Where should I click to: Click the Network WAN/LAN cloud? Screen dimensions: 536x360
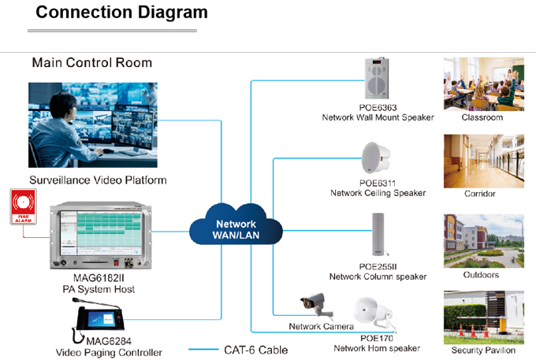(x=236, y=225)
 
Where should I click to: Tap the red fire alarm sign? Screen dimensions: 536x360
(x=23, y=206)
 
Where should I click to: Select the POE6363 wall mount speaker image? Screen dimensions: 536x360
(x=377, y=78)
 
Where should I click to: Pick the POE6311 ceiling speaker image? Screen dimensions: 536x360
(x=376, y=158)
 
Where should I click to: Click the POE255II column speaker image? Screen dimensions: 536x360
(x=378, y=234)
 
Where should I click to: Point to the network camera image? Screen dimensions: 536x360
(x=316, y=303)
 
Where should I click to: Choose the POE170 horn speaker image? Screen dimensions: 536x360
(x=374, y=314)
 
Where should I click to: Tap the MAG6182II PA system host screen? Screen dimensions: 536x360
(x=101, y=233)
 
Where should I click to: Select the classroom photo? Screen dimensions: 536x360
(x=484, y=84)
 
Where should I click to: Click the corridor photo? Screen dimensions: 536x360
(x=484, y=161)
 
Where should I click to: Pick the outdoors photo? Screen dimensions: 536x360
(x=484, y=241)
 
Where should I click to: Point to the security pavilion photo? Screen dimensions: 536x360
(x=484, y=317)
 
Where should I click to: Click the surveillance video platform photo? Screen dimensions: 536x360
(x=93, y=125)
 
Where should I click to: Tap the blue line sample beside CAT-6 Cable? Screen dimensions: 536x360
(x=203, y=350)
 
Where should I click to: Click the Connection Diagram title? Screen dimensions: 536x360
(x=121, y=13)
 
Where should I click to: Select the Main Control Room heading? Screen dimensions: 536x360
(x=92, y=63)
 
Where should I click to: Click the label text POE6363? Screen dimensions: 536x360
(x=378, y=108)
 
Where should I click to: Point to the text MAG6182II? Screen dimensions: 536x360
(x=99, y=278)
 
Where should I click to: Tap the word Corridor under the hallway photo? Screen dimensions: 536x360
(x=479, y=194)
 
